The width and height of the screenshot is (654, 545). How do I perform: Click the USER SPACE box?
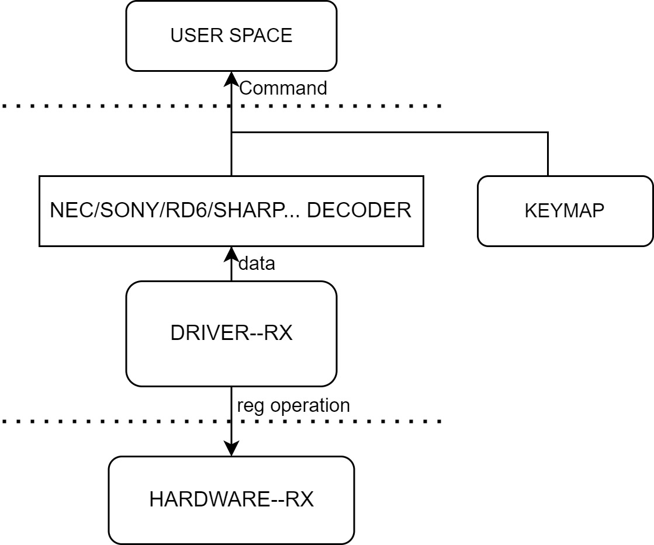[x=231, y=36]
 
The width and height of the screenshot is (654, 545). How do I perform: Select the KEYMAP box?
[x=565, y=211]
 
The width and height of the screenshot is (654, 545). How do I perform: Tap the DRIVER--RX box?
[x=231, y=334]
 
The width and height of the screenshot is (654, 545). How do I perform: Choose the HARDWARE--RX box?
[x=231, y=500]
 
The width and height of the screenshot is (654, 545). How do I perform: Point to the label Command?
[x=283, y=88]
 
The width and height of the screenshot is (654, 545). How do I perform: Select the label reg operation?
[x=293, y=405]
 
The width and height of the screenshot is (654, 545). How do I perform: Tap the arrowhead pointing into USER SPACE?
[x=231, y=78]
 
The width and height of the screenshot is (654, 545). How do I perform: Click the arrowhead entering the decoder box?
[x=231, y=253]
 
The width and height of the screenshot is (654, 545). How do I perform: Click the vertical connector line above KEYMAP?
[x=548, y=154]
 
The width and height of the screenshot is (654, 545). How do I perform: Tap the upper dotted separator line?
[x=351, y=106]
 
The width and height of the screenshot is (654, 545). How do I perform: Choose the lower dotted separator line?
[x=351, y=421]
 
